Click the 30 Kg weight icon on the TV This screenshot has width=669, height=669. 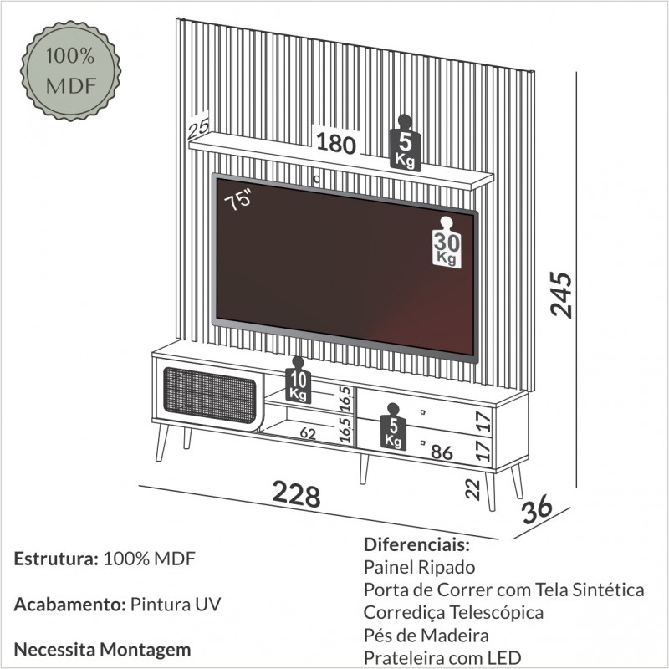click(x=447, y=242)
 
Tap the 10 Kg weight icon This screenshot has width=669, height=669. click(x=298, y=380)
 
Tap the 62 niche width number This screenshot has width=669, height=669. click(x=307, y=433)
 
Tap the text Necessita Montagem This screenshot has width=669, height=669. click(x=102, y=649)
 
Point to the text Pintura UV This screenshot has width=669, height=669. click(x=175, y=605)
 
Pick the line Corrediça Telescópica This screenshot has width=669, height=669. click(x=453, y=613)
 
